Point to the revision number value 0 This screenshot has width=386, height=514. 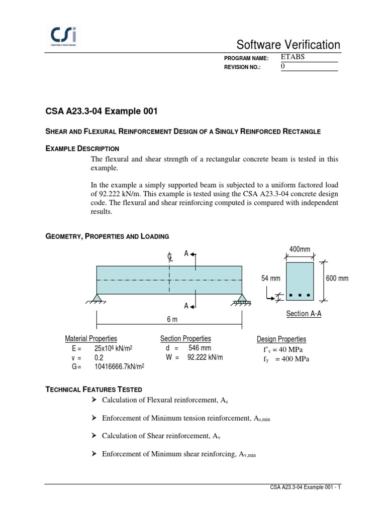[x=282, y=66]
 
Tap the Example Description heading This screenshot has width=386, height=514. [x=82, y=149]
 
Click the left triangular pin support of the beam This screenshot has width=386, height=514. [x=98, y=299]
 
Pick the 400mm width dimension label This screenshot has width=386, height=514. [x=300, y=249]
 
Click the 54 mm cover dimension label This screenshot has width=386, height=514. [x=270, y=279]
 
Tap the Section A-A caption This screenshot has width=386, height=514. [x=304, y=314]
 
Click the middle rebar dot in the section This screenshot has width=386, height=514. [x=300, y=295]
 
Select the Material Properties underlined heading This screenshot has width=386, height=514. [x=91, y=339]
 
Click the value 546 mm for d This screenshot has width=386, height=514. [x=200, y=348]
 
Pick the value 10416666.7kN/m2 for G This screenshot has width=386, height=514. [x=119, y=367]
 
